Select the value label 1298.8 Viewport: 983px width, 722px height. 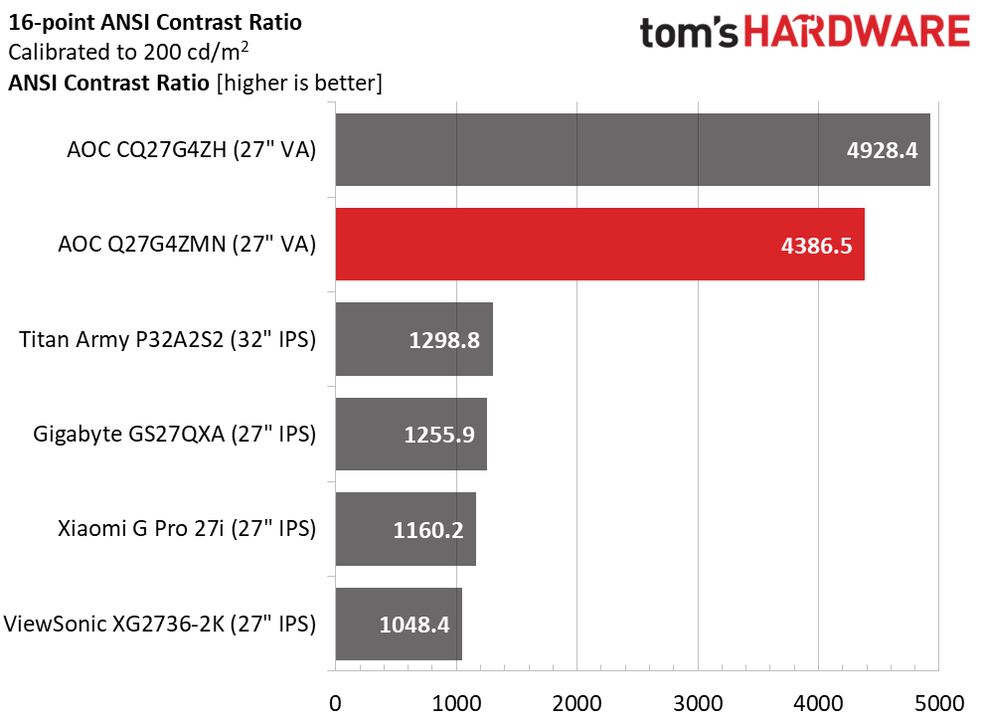tap(444, 340)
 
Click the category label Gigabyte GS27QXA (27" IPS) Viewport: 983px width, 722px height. tap(175, 435)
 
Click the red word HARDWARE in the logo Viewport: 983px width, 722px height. tap(858, 34)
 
